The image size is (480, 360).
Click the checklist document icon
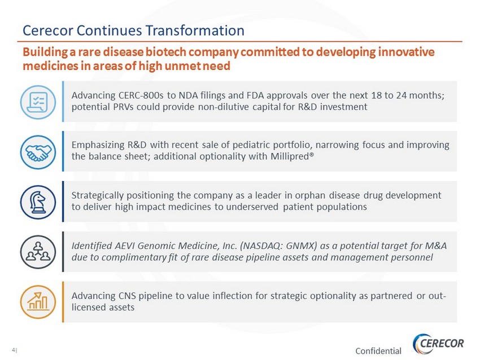pyautogui.click(x=38, y=102)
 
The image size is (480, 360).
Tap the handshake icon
pyautogui.click(x=38, y=152)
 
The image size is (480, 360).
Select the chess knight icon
pyautogui.click(x=38, y=202)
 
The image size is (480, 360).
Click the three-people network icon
pyautogui.click(x=38, y=252)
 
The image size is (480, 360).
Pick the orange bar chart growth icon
pyautogui.click(x=38, y=302)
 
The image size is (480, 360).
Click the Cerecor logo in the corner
pyautogui.click(x=438, y=344)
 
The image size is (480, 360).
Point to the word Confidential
pyautogui.click(x=378, y=351)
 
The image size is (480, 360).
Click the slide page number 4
pyautogui.click(x=14, y=350)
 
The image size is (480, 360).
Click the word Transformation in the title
pyautogui.click(x=195, y=30)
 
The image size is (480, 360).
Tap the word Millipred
pyautogui.click(x=290, y=156)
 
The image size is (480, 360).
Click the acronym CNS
pyautogui.click(x=127, y=296)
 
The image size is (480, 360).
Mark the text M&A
pyautogui.click(x=436, y=245)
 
